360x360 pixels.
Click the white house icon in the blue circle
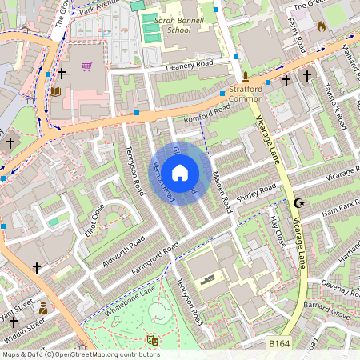pos(180,171)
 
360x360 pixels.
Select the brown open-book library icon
pos(54,92)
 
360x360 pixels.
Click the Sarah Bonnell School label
pos(167,25)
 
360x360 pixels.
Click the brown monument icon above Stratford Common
pos(246,79)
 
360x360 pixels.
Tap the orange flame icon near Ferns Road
pos(322,26)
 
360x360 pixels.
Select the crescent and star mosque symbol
pos(300,204)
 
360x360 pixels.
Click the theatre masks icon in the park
pos(153,341)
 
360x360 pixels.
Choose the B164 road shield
pos(278,343)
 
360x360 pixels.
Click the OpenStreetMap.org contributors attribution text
pos(104,354)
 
